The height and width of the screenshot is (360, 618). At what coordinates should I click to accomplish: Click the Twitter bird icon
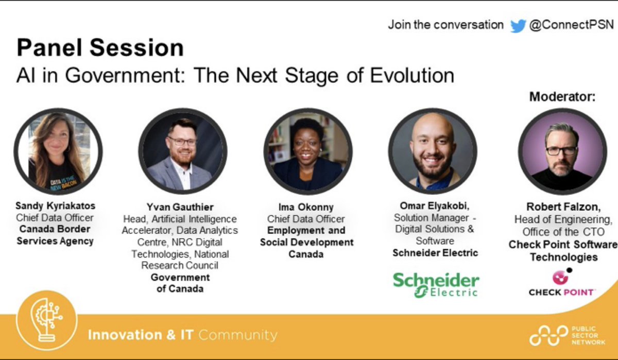coord(518,25)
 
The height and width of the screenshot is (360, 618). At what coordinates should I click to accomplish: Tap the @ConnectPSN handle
coord(572,25)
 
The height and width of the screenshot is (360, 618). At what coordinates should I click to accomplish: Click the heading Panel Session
coord(100,48)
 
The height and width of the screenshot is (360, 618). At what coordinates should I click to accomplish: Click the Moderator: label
coord(562,96)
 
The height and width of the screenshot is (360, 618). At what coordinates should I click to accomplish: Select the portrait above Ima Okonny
coord(308,151)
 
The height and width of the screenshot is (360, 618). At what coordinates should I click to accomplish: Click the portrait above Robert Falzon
coord(562,151)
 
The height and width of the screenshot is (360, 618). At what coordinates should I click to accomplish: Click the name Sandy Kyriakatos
coord(56,206)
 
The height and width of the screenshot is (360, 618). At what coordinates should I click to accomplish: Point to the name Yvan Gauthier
coord(180,208)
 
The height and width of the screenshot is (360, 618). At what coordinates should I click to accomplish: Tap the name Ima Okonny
coord(306,208)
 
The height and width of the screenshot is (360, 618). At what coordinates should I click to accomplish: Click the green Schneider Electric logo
coord(436,284)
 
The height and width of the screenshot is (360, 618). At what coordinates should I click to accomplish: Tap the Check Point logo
coord(562,283)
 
